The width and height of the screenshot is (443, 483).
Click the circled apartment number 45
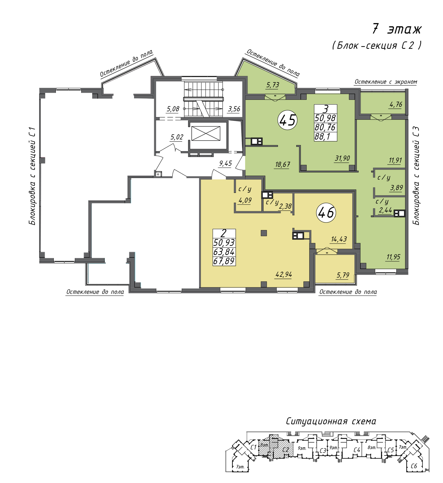coord(287,120)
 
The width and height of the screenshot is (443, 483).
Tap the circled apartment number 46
coord(326,212)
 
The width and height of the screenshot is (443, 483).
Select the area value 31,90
coord(342,158)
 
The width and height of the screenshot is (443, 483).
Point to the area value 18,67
coord(283,165)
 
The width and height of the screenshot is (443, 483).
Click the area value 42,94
coord(284,274)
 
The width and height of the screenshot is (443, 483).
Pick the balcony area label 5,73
coord(273,85)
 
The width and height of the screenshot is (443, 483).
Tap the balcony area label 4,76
coord(396,104)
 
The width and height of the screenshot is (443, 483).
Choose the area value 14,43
coord(339,239)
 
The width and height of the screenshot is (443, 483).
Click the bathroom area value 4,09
coord(245,200)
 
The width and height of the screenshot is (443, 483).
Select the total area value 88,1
coord(322,136)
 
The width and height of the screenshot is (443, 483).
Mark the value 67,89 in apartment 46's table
coord(224,261)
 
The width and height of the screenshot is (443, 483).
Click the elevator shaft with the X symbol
coord(206,134)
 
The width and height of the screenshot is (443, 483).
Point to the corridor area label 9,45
coord(225,163)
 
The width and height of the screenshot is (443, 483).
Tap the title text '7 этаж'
coord(396,29)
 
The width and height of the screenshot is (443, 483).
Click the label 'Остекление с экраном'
coord(386,82)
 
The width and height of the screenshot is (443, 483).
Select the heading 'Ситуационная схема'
coord(331,421)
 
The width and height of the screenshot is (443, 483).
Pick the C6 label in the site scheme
coord(414,466)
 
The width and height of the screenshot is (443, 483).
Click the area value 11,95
coord(393,257)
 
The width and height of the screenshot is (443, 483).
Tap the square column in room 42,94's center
coord(264,233)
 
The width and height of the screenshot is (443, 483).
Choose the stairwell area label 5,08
coord(173,109)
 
